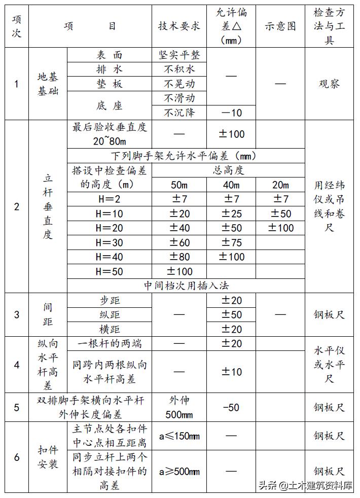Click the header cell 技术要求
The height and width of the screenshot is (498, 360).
coord(179,26)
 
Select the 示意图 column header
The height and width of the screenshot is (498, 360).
coord(280,26)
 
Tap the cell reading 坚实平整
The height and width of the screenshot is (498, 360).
coord(179,55)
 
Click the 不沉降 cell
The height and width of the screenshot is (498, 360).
coord(179,113)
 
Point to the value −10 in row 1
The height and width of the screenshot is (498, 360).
coord(231,113)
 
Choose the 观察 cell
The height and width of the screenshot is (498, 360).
coord(329,84)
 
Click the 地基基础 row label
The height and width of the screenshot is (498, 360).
coord(48,84)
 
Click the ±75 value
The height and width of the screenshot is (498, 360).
coord(231,243)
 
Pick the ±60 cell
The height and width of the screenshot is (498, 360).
coord(179,243)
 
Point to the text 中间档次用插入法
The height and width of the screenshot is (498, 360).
coord(186,286)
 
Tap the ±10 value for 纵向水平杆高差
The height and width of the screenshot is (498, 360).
coord(231,372)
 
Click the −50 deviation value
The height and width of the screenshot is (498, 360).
coord(231,407)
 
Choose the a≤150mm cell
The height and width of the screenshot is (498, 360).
coord(179,436)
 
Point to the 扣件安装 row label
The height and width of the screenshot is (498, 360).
coord(48,456)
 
